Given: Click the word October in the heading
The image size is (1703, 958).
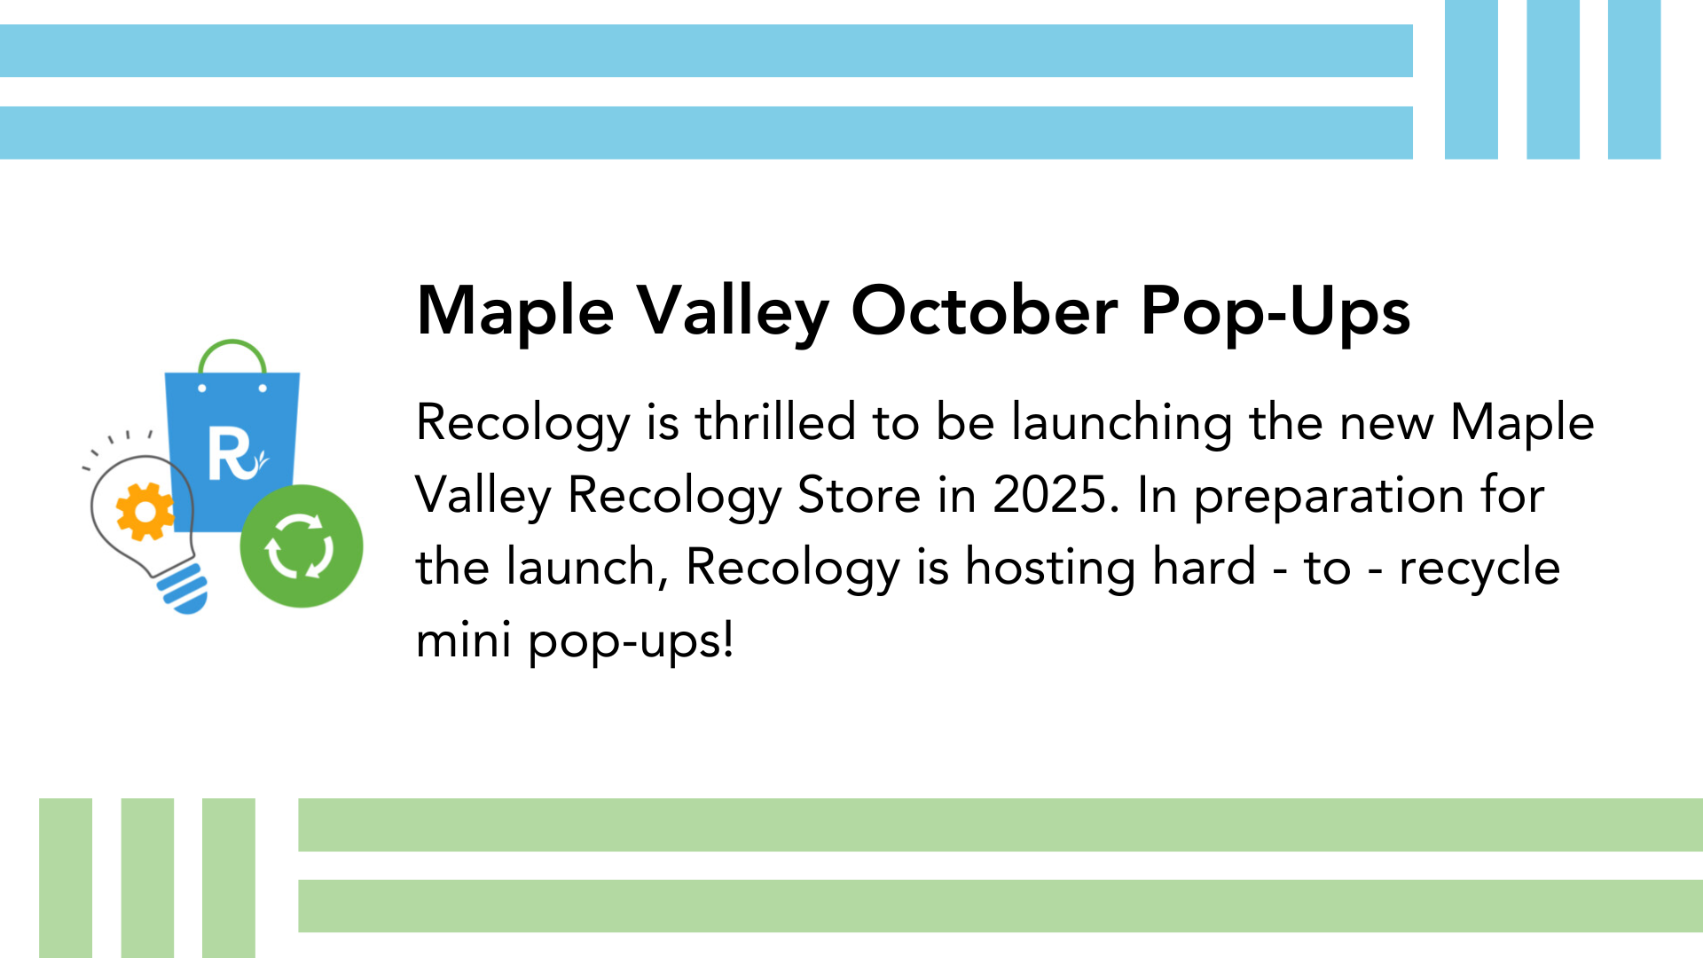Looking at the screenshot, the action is [985, 311].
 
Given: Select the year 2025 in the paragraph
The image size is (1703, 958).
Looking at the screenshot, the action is [1050, 495].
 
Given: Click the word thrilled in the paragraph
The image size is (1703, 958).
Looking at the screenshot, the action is [775, 421].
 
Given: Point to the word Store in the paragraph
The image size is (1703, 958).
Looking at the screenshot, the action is [859, 495].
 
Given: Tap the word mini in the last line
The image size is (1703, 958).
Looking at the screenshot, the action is [463, 640].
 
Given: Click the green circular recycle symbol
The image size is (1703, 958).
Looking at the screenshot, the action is [302, 546].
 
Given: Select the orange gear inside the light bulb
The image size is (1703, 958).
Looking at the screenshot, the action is [145, 512].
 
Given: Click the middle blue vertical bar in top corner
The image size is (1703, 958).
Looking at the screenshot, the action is [1552, 80].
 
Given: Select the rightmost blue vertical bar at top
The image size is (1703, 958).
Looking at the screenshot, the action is [1634, 80].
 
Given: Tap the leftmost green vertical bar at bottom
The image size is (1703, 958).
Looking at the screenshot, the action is [66, 878].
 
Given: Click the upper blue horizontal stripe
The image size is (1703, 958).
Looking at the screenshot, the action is [706, 51].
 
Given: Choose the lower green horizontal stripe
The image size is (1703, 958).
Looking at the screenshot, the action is [1001, 906].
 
